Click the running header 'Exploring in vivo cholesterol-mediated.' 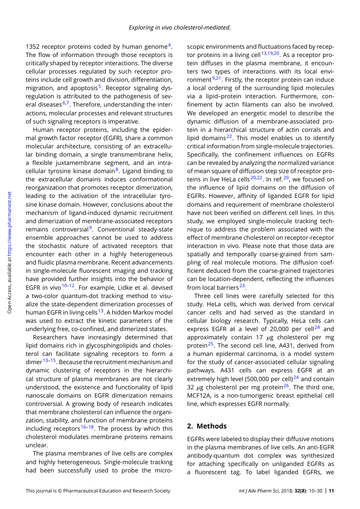[x=179, y=27]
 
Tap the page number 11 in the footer [x=331, y=491]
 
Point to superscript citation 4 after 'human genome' [x=169, y=45]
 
